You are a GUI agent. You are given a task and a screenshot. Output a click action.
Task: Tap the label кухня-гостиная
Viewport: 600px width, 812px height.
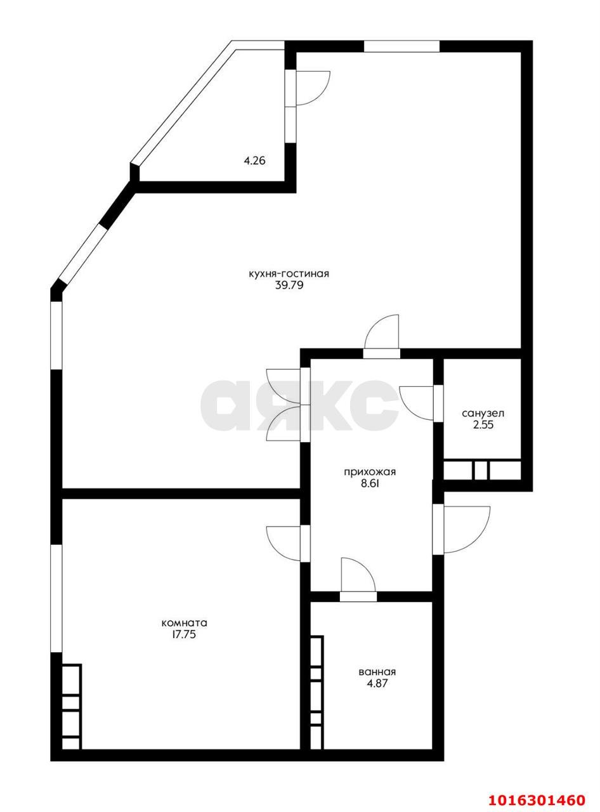click(289, 273)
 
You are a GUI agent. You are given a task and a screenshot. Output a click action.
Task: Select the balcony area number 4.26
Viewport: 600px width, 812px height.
click(254, 160)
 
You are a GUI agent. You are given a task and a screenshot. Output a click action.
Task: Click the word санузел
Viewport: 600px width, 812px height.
click(483, 414)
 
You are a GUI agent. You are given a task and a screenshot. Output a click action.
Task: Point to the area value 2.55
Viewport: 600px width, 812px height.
click(483, 426)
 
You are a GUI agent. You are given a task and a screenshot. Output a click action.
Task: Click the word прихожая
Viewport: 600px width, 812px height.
click(370, 472)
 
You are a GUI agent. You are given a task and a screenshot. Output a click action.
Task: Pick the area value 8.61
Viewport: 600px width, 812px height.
click(370, 484)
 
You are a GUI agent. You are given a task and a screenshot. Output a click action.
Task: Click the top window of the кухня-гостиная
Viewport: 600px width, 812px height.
click(401, 46)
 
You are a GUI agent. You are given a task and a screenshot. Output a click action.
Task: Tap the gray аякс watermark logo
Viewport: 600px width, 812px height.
click(299, 404)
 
